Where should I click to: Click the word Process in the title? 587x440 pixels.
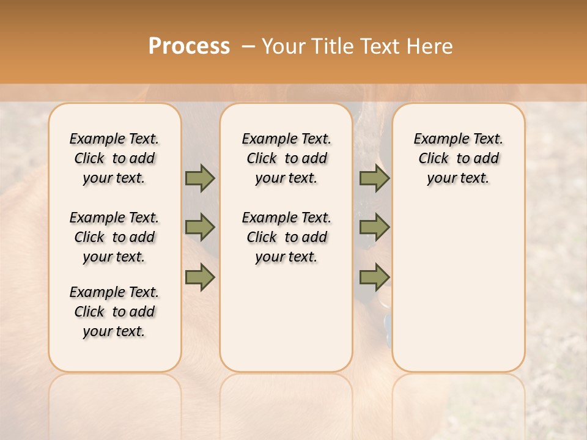(189, 46)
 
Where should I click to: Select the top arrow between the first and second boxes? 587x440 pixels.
(200, 178)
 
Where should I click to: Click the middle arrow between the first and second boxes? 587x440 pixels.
(200, 227)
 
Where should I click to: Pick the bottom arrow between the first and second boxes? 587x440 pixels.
(200, 278)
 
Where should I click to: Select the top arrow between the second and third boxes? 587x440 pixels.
(374, 178)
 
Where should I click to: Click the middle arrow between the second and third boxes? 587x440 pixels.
(374, 227)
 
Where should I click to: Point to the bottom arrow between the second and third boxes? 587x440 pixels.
(374, 278)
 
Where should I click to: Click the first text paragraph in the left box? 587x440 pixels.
(114, 158)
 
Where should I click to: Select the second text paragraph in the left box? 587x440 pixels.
(114, 237)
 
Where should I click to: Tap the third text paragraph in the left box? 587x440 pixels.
(114, 312)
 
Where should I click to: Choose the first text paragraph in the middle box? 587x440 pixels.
(287, 158)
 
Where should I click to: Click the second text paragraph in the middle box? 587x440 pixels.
(287, 237)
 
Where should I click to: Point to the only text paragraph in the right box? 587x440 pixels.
(459, 158)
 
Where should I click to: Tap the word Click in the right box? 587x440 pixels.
(434, 159)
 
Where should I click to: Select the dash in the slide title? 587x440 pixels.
(248, 46)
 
